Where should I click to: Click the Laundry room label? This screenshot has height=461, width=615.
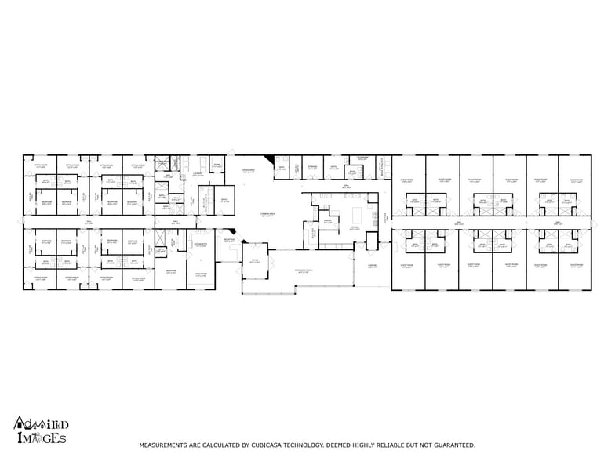[x=198, y=174]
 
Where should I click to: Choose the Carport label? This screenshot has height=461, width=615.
[x=373, y=266]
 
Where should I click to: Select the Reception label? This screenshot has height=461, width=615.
[x=229, y=240]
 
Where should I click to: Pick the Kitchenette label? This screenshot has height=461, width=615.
[x=200, y=245]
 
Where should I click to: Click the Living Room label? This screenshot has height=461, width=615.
[x=200, y=274]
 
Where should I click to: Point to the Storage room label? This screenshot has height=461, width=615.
[x=312, y=167]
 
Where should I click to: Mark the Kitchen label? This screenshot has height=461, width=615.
[x=355, y=229]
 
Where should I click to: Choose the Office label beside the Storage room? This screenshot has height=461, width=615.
[x=333, y=167]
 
